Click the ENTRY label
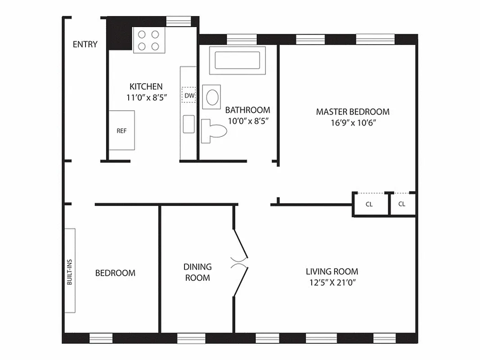(85, 44)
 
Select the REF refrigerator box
(121, 130)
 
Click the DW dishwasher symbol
(189, 95)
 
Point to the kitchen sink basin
(188, 124)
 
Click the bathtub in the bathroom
(238, 60)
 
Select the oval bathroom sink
(212, 97)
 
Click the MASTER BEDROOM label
(353, 112)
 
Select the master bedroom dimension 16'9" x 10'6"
(352, 123)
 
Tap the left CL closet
(370, 204)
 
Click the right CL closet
(402, 204)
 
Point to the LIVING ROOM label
(332, 271)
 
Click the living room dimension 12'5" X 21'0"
(332, 283)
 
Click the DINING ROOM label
(197, 272)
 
